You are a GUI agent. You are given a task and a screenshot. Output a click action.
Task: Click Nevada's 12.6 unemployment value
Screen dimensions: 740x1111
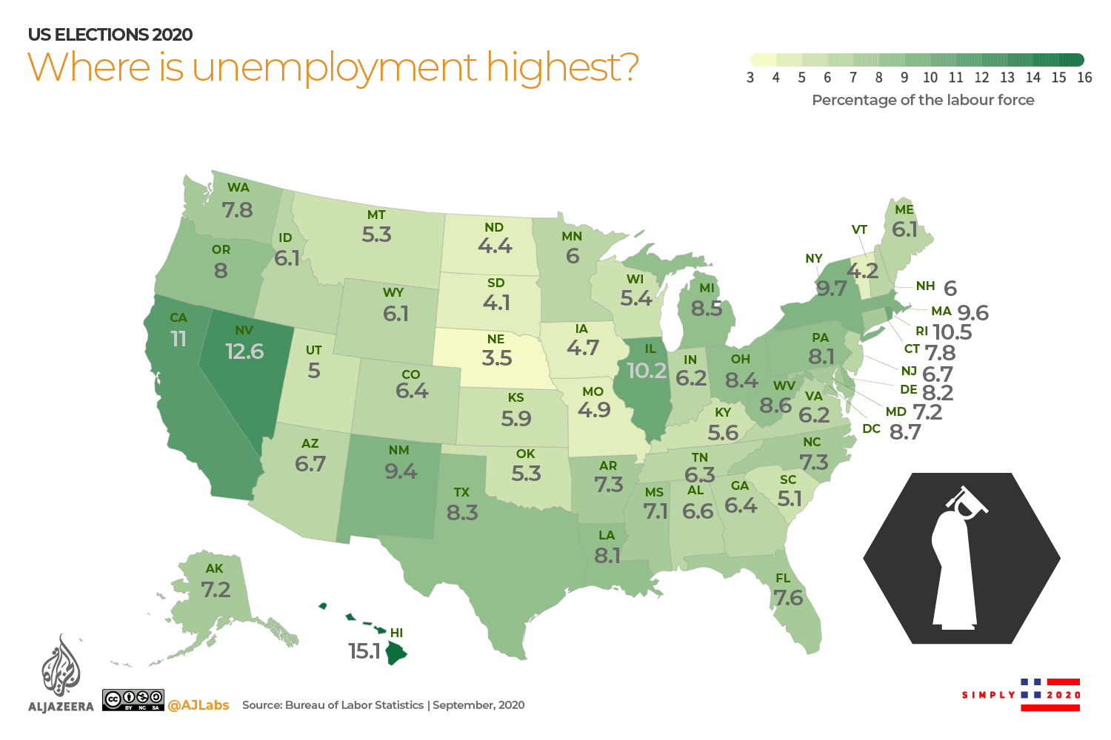(x=244, y=351)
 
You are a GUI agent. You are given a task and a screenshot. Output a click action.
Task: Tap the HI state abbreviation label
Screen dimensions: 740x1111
(x=396, y=633)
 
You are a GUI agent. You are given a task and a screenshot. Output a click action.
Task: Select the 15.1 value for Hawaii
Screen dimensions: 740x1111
(x=364, y=651)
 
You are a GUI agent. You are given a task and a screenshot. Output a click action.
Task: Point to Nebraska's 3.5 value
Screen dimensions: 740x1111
(x=497, y=358)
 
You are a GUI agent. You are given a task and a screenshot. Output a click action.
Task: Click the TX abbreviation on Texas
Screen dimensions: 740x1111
(x=461, y=492)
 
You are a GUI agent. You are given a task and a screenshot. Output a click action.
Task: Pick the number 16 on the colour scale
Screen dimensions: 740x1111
(x=1084, y=78)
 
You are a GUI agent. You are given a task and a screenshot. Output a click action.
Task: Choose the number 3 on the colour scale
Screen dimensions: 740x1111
(x=750, y=78)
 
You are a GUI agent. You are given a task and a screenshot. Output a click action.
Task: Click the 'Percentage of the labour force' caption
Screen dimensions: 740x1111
(x=923, y=100)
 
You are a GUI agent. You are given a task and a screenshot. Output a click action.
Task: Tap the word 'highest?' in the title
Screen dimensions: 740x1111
(x=562, y=67)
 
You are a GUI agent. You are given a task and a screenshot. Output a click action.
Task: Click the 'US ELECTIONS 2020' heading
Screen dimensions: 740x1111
(x=110, y=35)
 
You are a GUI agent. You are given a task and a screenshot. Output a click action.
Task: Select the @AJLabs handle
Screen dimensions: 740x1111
(x=198, y=705)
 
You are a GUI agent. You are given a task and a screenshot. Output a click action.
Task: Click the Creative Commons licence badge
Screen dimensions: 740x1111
(x=133, y=700)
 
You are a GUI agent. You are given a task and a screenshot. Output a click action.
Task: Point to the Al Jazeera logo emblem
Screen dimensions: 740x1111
(x=61, y=666)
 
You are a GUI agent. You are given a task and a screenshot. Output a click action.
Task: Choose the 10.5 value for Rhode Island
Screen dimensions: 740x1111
(x=952, y=332)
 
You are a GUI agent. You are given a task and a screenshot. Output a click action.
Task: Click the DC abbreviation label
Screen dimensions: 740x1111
(x=871, y=428)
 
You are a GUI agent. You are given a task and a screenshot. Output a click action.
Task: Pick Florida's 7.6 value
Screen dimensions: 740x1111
(x=788, y=597)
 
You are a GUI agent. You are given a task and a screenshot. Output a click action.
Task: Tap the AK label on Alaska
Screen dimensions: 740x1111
(x=214, y=568)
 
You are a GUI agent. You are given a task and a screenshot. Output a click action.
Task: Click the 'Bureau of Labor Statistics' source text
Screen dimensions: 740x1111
(x=354, y=705)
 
